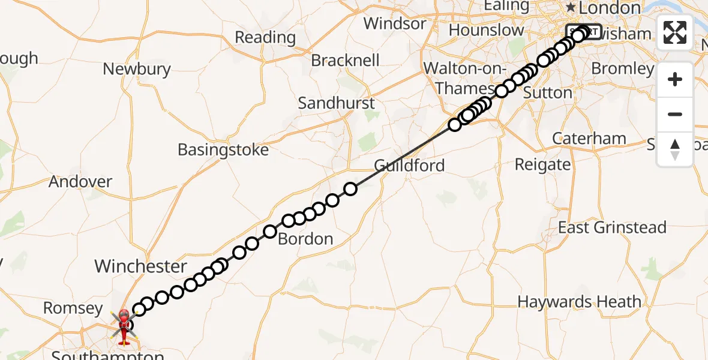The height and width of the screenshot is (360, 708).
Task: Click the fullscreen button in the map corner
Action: pos(675,32)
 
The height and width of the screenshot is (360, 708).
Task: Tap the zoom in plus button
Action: pos(675,79)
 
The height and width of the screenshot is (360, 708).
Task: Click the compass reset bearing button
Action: pos(675,149)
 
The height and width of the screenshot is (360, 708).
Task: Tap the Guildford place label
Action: pos(409,165)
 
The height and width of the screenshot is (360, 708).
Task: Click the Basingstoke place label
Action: pos(223,149)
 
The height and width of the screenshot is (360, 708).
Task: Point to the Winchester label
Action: pos(141,266)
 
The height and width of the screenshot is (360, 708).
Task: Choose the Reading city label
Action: pos(265,37)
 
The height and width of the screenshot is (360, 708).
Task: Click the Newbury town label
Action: pos(137,69)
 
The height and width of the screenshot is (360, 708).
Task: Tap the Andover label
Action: pos(80,181)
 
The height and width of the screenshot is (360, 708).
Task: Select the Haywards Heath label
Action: pos(580,301)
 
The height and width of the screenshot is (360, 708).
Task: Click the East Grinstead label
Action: pos(612,227)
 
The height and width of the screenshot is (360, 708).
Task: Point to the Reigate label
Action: pos(543,164)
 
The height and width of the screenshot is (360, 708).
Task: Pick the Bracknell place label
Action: pos(345,61)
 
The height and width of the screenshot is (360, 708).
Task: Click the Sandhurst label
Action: pos(337,103)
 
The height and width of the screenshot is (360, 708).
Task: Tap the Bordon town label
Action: pos(305,239)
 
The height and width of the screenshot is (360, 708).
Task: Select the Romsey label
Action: pos(73,308)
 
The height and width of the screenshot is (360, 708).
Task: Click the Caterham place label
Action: pos(589,139)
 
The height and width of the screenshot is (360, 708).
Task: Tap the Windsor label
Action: pos(395,24)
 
